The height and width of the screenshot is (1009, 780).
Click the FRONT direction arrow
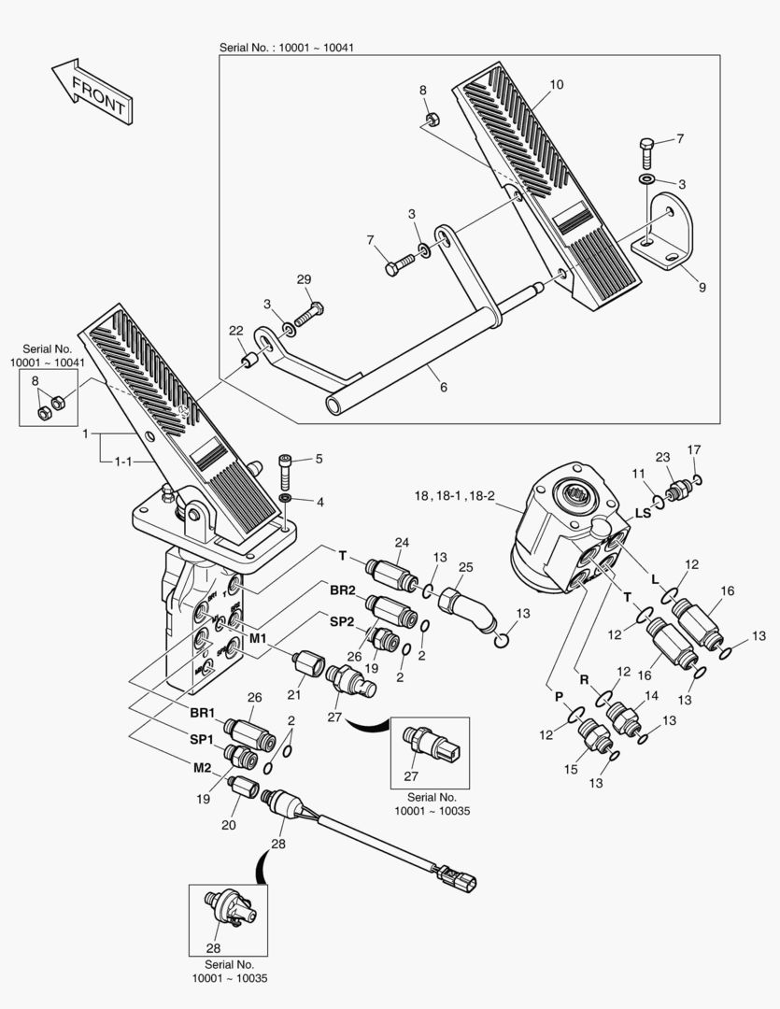(x=90, y=91)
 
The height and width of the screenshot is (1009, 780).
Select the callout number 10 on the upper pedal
(x=556, y=85)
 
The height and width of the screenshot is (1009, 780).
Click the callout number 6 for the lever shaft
(x=442, y=386)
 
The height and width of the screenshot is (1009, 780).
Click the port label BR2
(x=341, y=590)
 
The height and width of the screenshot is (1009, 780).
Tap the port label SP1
(x=202, y=738)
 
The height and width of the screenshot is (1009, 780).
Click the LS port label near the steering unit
(x=643, y=513)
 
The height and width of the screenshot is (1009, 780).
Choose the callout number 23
(x=663, y=458)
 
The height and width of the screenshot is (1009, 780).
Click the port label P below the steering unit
(x=558, y=696)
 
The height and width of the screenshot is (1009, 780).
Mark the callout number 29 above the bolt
(x=303, y=279)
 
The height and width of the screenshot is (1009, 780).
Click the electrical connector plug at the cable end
(x=465, y=879)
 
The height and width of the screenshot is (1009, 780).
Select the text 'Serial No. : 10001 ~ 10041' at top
(x=286, y=48)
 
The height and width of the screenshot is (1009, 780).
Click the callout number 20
(x=228, y=824)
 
